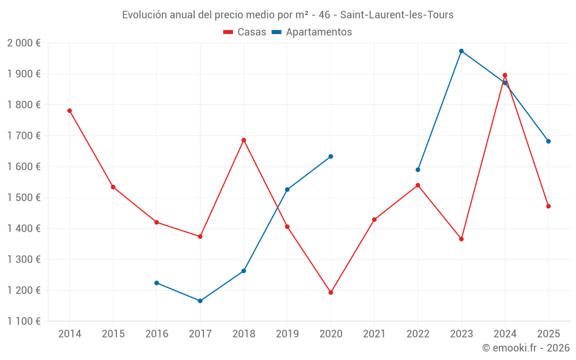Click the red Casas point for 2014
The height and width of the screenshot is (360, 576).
click(x=70, y=111)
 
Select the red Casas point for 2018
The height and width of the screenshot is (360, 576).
click(x=244, y=140)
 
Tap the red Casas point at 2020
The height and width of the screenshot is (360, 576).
click(x=331, y=293)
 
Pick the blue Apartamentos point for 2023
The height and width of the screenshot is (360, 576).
click(x=461, y=51)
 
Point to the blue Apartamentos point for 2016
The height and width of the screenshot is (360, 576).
click(x=157, y=283)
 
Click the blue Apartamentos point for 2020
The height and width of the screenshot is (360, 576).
click(x=331, y=157)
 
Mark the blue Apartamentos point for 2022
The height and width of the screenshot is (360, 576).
click(x=418, y=170)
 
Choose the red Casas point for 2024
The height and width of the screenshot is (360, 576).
click(x=505, y=75)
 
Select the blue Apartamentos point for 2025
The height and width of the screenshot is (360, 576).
click(x=548, y=141)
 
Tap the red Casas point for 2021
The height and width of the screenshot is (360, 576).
click(x=374, y=219)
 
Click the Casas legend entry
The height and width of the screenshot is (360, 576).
click(x=245, y=32)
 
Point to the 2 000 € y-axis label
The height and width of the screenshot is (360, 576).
click(x=24, y=43)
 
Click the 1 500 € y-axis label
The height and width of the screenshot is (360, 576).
click(x=24, y=198)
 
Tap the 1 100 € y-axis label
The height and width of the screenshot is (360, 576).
click(x=24, y=321)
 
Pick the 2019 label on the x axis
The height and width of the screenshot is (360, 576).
click(x=287, y=334)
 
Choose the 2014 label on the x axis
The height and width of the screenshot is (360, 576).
click(x=70, y=334)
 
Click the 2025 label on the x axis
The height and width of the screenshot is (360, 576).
click(x=548, y=334)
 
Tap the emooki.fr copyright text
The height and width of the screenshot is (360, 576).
click(x=526, y=348)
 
